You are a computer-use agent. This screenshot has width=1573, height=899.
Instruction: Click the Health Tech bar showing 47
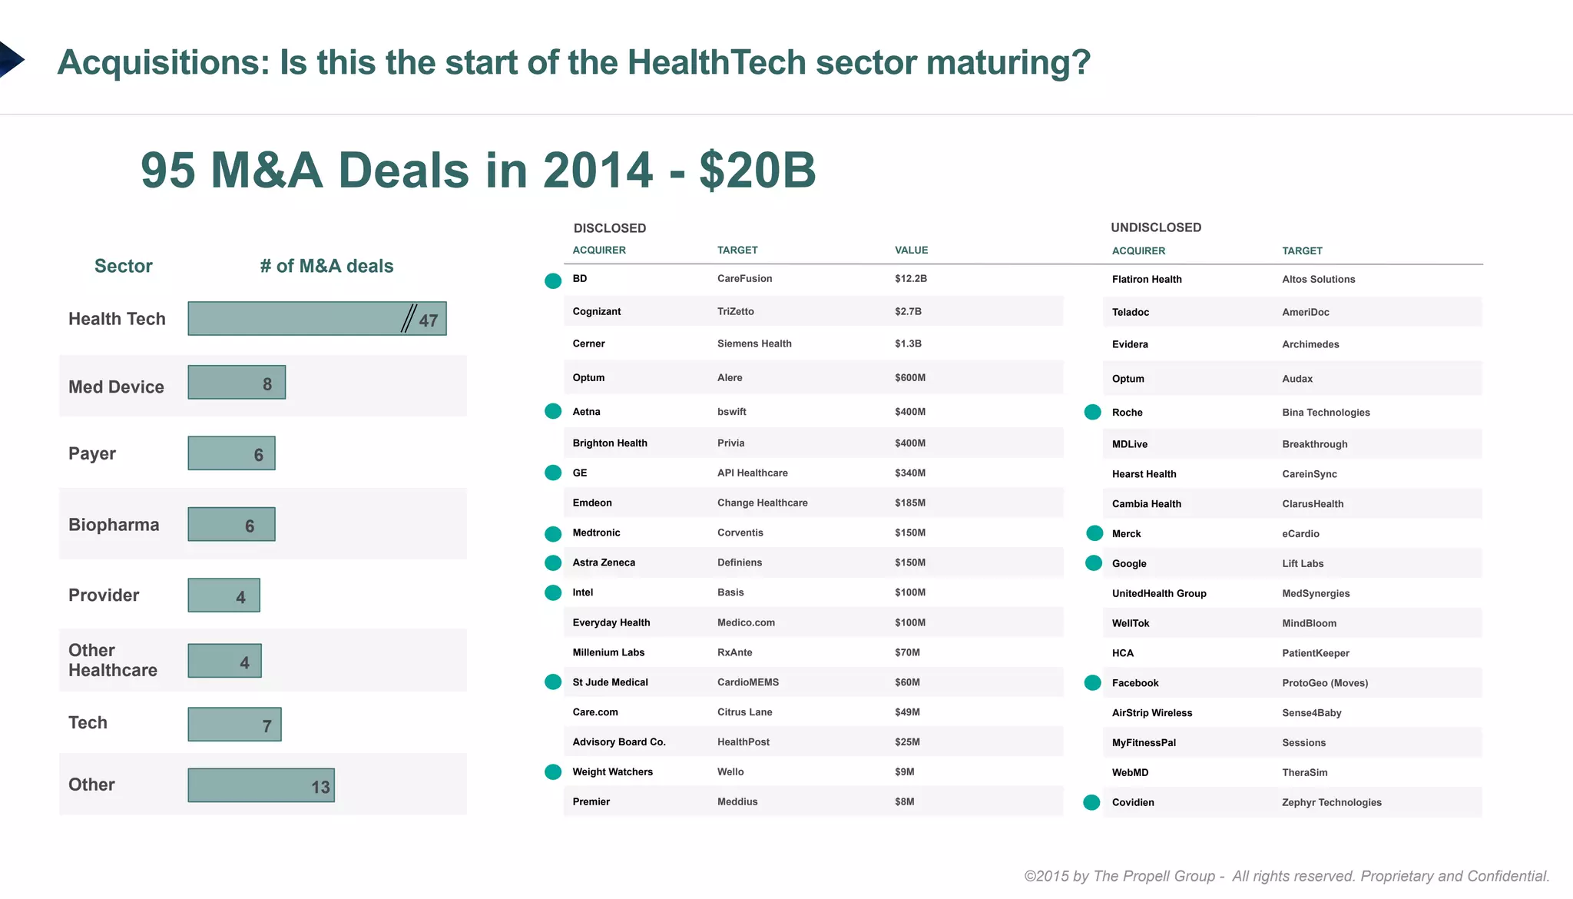coord(316,318)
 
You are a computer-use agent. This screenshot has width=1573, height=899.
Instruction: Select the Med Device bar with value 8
coord(237,383)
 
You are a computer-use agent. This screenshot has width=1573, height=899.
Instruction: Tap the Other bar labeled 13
coord(261,785)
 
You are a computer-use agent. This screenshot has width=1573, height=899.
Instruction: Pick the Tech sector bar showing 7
coord(234,725)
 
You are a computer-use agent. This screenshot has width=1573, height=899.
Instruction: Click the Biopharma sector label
coord(114,525)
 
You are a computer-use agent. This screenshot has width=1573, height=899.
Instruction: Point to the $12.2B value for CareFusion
coord(910,279)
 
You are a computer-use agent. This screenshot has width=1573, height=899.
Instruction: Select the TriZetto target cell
coord(735,311)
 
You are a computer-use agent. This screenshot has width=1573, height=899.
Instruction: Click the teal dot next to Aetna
coord(553,411)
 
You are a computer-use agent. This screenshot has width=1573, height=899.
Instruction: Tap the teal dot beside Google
coord(1093,563)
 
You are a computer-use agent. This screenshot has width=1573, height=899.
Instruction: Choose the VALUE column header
coord(911,250)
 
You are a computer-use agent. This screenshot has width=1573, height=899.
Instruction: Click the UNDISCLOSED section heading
coord(1155,227)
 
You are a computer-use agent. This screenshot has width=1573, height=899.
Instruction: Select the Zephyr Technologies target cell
coord(1331,802)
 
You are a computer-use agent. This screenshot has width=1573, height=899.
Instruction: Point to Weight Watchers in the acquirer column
coord(612,772)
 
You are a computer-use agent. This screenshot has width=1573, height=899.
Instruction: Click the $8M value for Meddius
coord(904,801)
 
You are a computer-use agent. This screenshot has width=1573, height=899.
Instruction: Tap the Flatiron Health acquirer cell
coord(1146,280)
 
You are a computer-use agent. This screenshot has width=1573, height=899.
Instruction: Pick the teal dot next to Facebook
coord(1093,682)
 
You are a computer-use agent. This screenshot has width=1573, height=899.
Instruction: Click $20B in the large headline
coord(757,170)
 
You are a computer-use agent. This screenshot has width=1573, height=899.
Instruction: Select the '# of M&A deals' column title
coord(326,266)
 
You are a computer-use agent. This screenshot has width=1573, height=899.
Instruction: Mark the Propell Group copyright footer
coord(1286,876)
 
